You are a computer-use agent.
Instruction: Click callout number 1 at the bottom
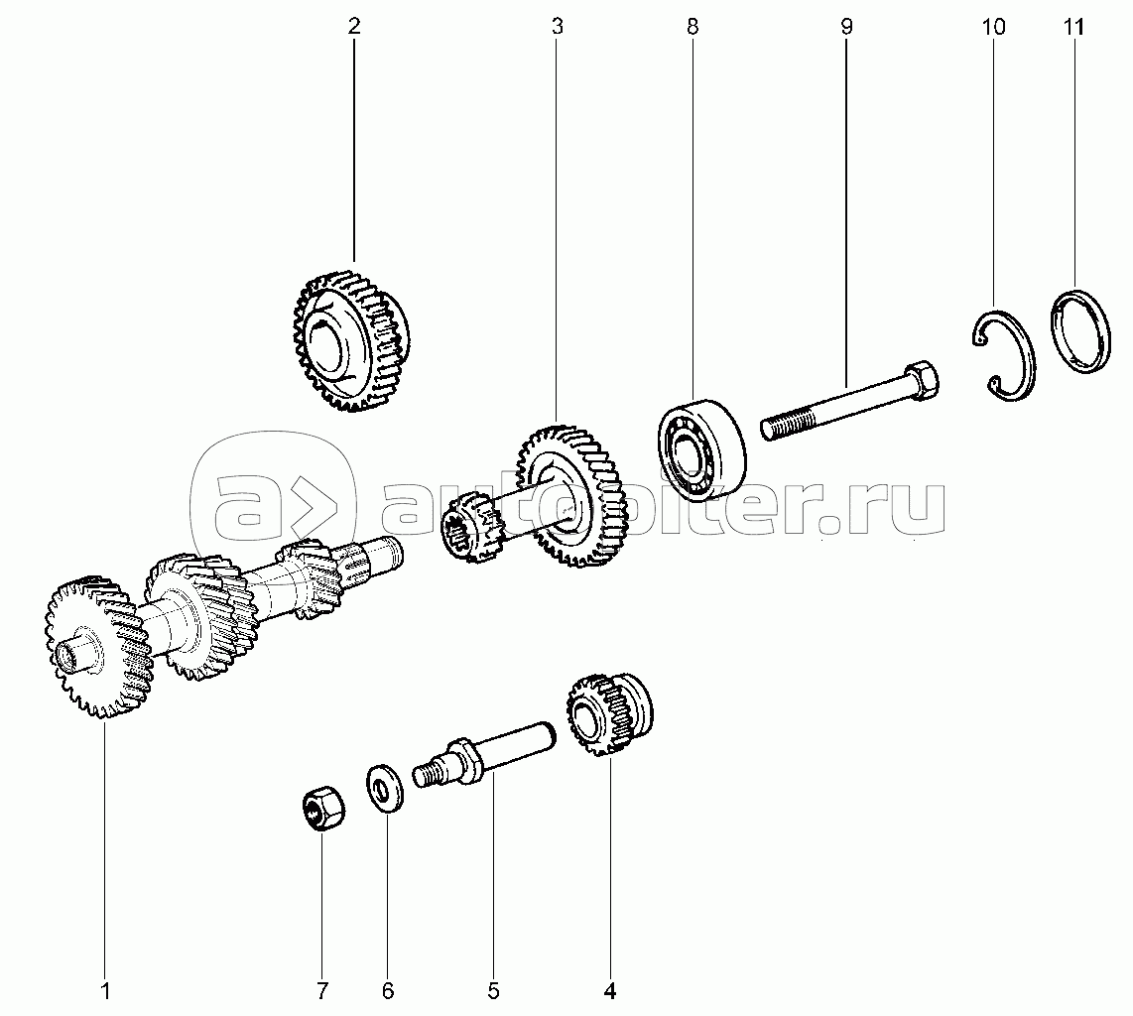[105, 991]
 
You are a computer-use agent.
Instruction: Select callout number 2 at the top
[354, 27]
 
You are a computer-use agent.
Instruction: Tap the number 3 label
[557, 27]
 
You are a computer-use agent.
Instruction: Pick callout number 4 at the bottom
[610, 991]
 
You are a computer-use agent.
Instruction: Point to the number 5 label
[493, 991]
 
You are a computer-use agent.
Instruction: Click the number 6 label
[388, 991]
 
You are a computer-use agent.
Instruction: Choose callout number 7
[322, 991]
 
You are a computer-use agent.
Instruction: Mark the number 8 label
[692, 27]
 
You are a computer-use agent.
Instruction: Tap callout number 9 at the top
[847, 27]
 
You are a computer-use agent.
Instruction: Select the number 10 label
[994, 27]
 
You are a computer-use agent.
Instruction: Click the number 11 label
[1073, 27]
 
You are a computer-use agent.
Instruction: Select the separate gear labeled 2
[351, 341]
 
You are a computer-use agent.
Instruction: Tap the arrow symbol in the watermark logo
[315, 501]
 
